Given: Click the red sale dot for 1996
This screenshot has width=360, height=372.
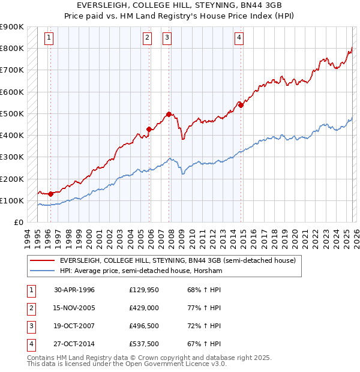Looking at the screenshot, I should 51,194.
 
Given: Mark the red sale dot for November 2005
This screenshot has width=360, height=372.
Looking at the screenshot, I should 149,128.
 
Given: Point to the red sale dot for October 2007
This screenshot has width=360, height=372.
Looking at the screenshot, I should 169,113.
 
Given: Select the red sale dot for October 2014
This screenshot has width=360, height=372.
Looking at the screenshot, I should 241,105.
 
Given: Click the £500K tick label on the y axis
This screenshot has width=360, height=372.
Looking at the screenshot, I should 13,113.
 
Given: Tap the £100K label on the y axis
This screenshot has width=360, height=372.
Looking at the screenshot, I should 13,200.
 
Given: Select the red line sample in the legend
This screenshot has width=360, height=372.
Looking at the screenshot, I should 42,261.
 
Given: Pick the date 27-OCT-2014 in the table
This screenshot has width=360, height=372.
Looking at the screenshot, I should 74,344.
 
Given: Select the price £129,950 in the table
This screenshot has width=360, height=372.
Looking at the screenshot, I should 144,290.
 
